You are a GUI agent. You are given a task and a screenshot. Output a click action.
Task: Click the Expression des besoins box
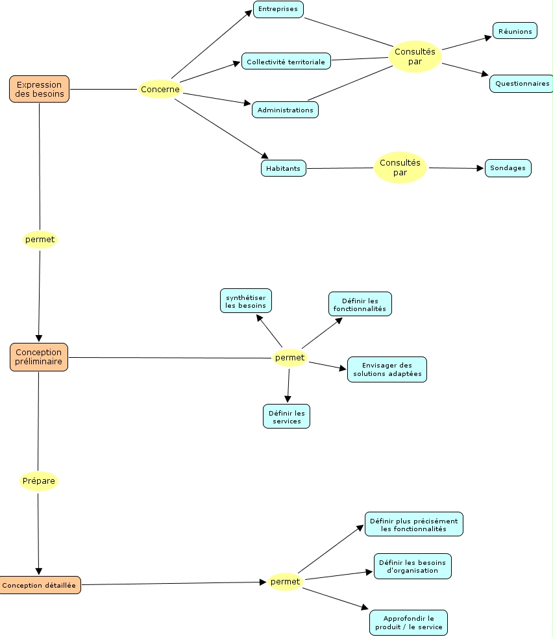coord(39,89)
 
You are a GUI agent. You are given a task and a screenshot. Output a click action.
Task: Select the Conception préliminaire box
coord(39,357)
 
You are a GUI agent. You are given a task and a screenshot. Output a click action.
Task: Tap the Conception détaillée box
coord(39,585)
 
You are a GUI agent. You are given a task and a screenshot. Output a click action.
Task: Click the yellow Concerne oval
coord(160,90)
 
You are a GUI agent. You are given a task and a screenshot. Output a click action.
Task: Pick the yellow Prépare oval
coord(39,481)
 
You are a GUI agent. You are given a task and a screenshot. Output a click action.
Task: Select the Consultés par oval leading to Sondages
coord(400,168)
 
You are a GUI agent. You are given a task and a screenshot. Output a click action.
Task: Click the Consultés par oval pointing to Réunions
coord(415,56)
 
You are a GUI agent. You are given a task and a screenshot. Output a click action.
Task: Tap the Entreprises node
coord(278,9)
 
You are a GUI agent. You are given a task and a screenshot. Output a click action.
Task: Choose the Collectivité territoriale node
coord(286,62)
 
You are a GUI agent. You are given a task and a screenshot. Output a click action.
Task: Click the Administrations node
coord(285,110)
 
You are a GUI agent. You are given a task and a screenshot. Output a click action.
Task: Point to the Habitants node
coord(283,168)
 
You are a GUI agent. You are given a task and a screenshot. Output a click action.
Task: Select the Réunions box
coord(515,31)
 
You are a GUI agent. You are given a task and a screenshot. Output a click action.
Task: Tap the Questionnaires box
coord(522,83)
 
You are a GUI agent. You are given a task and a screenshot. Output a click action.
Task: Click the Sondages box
coord(508,168)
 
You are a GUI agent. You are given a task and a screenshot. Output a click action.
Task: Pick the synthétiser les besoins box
coord(245,301)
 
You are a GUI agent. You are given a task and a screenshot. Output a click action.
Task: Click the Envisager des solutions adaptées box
coord(387,369)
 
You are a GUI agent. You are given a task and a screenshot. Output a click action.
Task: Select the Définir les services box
coord(286,416)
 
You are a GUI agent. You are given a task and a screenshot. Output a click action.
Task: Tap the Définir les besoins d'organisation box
coord(412,566)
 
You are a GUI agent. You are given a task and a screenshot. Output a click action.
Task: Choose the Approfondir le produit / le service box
coord(408,623)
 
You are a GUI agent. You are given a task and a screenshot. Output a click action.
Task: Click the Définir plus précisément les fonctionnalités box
coord(413,524)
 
